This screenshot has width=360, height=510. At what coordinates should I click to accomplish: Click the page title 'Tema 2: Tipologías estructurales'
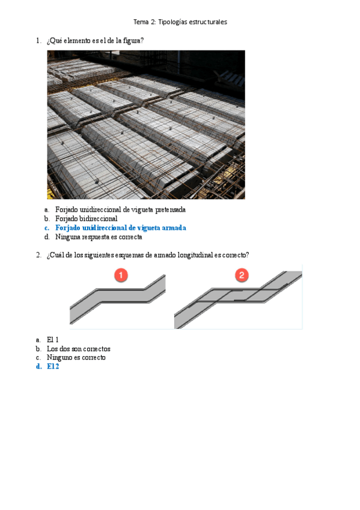pyautogui.click(x=180, y=22)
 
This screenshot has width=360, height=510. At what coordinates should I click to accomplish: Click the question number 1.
pyautogui.click(x=38, y=41)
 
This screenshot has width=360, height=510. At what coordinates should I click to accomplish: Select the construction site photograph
pyautogui.click(x=146, y=124)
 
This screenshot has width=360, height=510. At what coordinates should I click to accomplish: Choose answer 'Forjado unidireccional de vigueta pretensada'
pyautogui.click(x=120, y=209)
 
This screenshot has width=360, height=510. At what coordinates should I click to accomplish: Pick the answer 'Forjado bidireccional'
pyautogui.click(x=86, y=218)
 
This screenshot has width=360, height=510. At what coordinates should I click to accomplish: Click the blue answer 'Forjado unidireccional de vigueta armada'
pyautogui.click(x=121, y=228)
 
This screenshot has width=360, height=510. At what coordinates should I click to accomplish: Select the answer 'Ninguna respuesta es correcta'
pyautogui.click(x=99, y=237)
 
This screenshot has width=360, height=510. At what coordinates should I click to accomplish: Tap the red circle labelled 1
pyautogui.click(x=121, y=275)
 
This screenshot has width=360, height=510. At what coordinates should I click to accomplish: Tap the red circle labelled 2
pyautogui.click(x=242, y=275)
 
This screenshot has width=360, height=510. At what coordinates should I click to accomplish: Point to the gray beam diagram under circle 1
pyautogui.click(x=118, y=300)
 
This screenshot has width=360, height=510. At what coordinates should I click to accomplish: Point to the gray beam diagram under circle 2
pyautogui.click(x=238, y=300)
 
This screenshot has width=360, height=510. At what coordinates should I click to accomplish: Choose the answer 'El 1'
pyautogui.click(x=53, y=340)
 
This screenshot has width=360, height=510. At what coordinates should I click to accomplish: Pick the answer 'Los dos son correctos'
pyautogui.click(x=78, y=349)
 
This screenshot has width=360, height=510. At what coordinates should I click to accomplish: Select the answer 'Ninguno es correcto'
pyautogui.click(x=76, y=357)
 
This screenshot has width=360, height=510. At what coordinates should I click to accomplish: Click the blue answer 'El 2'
pyautogui.click(x=53, y=366)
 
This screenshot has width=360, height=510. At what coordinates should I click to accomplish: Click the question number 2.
pyautogui.click(x=38, y=255)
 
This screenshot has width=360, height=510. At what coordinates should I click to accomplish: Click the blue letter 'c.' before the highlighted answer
pyautogui.click(x=47, y=228)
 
